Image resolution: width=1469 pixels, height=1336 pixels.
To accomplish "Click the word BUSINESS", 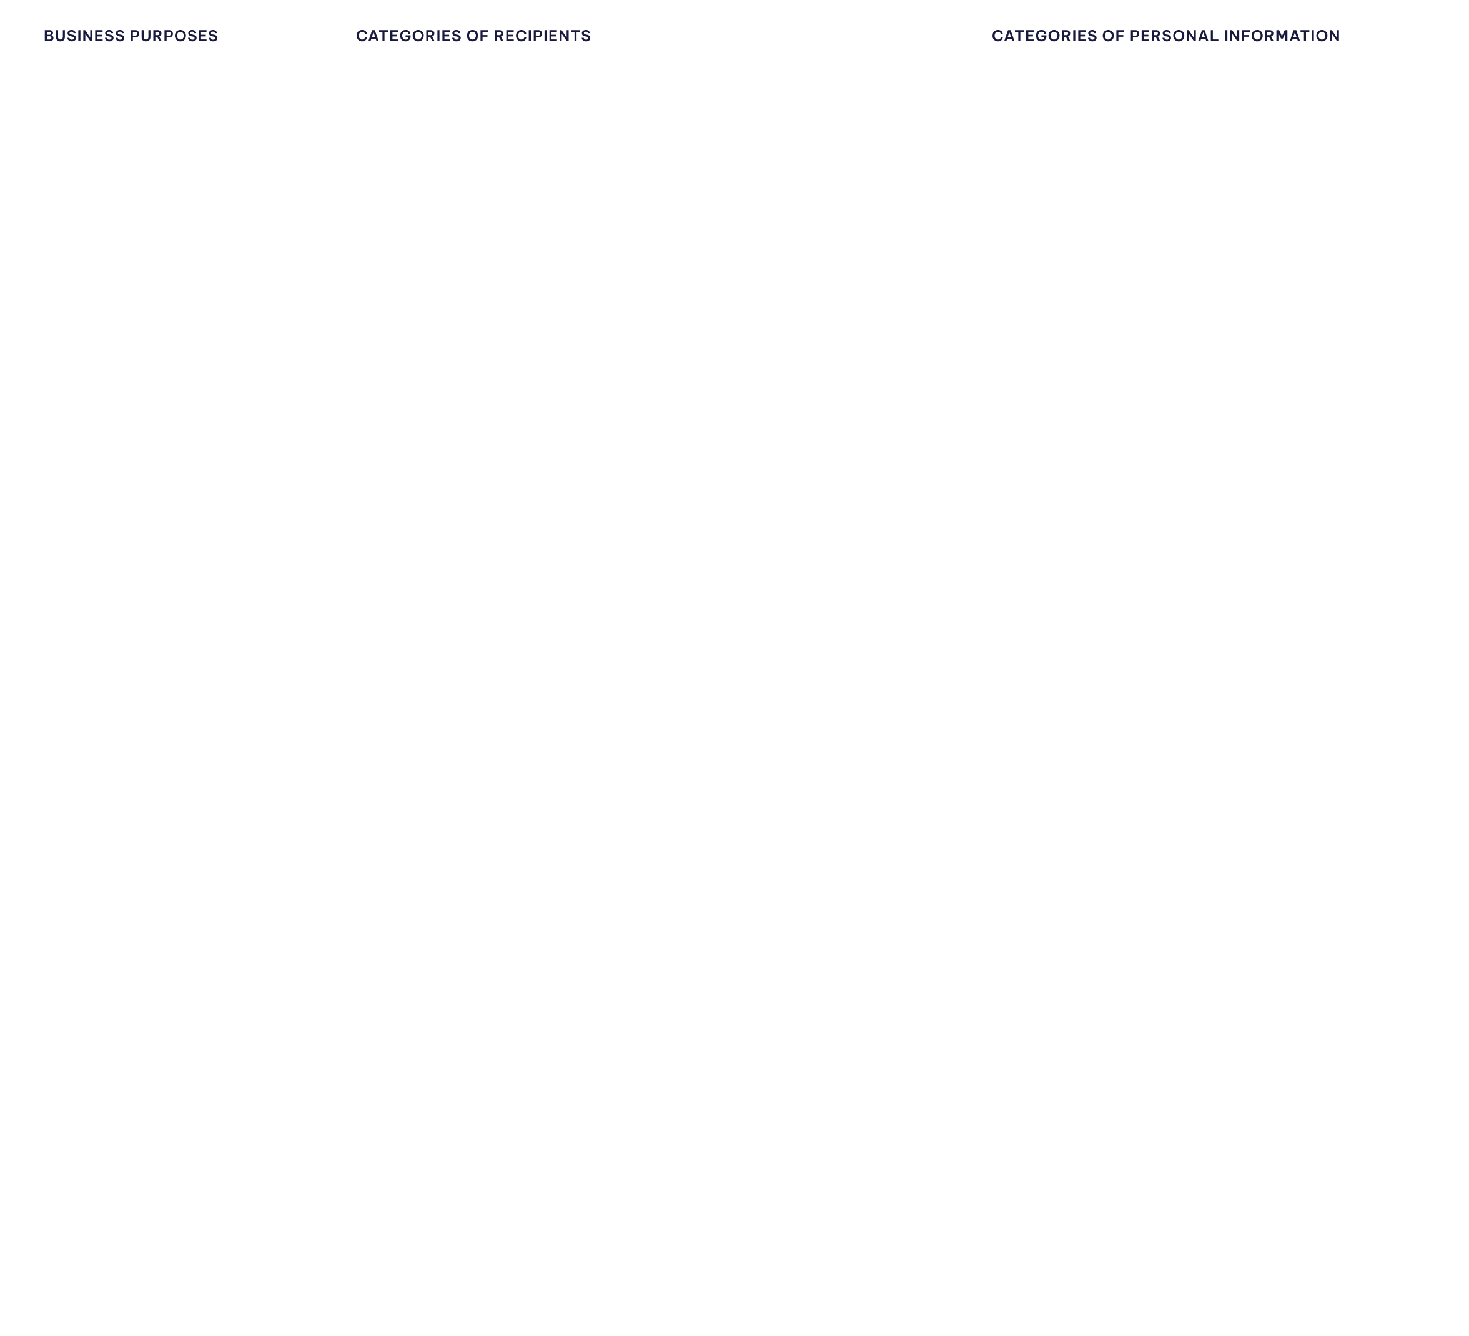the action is (x=84, y=36).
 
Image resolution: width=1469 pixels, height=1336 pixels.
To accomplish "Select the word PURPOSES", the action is (x=174, y=36).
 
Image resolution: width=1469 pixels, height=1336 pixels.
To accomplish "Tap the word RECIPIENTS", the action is (x=542, y=36).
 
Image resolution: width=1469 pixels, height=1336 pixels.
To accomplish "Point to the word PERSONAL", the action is (x=1174, y=36).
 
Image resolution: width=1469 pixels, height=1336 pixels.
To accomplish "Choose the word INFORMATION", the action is (x=1282, y=36).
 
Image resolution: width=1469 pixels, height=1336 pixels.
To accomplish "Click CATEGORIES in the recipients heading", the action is (x=408, y=36).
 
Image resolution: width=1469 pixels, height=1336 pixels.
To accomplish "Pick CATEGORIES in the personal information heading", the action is (x=1044, y=36).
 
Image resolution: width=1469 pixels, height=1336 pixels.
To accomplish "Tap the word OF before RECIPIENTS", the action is (x=477, y=36).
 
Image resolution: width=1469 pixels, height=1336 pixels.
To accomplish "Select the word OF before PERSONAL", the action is (x=1114, y=36).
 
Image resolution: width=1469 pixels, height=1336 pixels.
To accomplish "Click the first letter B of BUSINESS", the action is (x=49, y=36).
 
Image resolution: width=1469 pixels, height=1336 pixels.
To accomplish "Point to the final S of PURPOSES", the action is (x=214, y=36).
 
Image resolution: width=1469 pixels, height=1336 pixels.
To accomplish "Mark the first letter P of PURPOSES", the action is (x=135, y=36).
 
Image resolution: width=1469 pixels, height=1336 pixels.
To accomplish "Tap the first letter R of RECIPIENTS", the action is (x=499, y=36).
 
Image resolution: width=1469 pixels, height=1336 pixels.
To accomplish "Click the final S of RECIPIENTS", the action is (x=586, y=36).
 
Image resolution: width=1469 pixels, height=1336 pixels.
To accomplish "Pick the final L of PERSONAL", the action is (x=1215, y=36).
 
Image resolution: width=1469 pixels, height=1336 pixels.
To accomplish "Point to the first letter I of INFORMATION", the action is (x=1227, y=36).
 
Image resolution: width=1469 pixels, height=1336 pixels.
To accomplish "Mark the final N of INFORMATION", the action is (x=1334, y=36).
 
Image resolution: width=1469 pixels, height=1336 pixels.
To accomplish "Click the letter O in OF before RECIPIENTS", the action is (x=473, y=36).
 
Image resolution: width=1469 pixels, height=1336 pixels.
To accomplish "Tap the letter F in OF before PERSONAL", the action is (x=1120, y=36).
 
